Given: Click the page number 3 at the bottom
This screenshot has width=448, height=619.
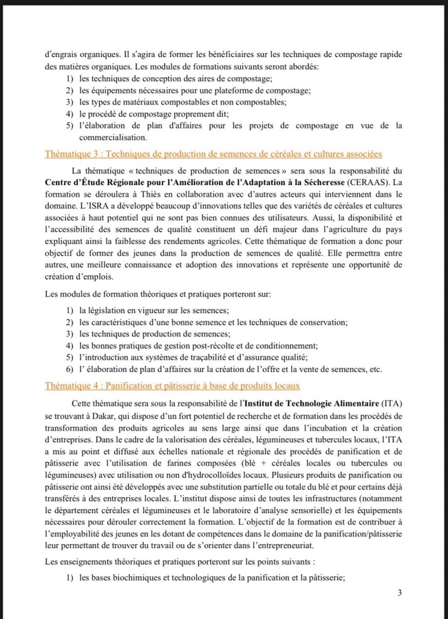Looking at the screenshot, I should (x=399, y=592).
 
